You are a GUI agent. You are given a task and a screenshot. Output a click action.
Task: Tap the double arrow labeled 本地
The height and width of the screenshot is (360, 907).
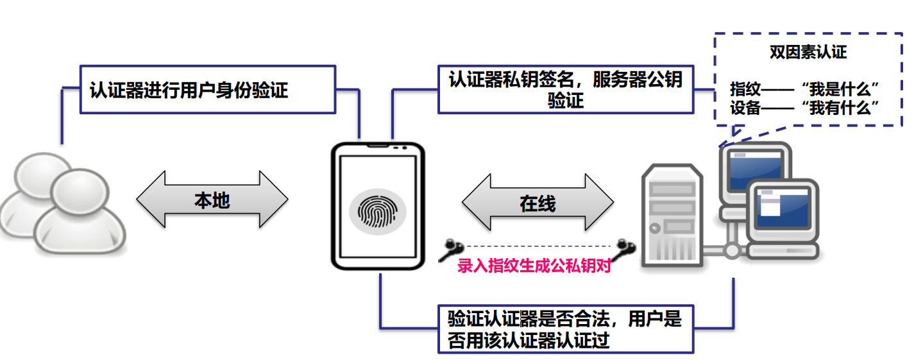click(212, 199)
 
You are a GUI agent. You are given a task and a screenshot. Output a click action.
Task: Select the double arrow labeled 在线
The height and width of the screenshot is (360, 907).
click(538, 202)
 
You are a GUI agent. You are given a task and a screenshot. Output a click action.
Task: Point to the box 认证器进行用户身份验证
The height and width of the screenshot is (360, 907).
click(207, 89)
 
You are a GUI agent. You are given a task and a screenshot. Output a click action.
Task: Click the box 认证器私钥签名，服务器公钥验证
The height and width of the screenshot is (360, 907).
click(565, 89)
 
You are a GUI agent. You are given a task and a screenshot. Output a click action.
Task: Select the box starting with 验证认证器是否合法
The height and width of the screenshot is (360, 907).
click(565, 329)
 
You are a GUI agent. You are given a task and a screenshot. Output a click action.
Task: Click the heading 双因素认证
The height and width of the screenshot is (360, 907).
click(808, 53)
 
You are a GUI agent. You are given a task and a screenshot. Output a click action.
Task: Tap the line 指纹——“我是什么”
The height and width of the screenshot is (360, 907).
click(804, 89)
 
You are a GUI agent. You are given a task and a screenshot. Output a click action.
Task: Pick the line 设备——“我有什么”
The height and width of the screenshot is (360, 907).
click(804, 108)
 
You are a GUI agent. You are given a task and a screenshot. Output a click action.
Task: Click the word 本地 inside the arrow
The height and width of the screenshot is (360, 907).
click(212, 200)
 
